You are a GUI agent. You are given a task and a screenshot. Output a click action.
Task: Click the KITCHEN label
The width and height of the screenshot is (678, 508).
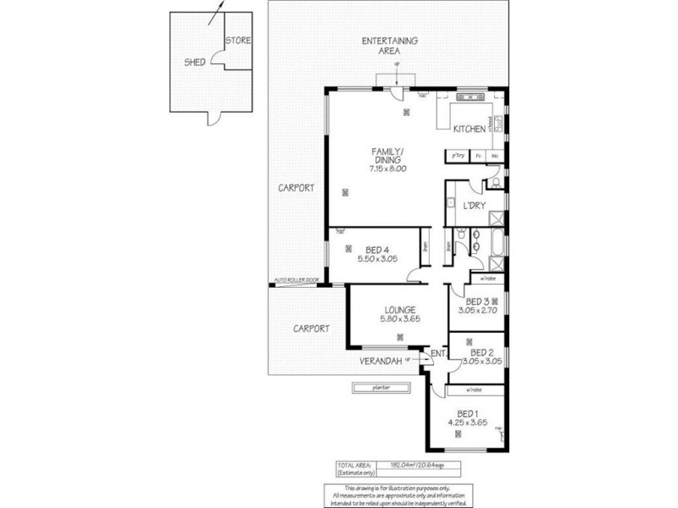(469, 130)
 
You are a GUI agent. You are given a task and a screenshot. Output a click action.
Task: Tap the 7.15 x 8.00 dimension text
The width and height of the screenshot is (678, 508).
(388, 168)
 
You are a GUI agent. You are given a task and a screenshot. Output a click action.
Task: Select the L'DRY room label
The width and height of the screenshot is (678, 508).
(473, 205)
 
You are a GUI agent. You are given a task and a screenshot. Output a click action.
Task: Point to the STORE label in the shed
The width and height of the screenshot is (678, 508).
(238, 40)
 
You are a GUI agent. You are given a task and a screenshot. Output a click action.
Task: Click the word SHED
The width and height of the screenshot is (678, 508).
(195, 62)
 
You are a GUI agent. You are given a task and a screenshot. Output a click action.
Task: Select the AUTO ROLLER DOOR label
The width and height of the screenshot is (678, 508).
(297, 279)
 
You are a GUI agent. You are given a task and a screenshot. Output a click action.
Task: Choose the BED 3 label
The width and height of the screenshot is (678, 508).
(476, 301)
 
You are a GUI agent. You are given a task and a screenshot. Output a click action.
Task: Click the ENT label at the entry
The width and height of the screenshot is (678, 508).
(438, 354)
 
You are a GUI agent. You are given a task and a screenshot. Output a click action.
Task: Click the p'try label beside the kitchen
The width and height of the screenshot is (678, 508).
(457, 156)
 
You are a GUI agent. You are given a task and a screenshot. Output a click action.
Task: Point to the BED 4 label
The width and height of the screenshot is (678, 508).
(377, 249)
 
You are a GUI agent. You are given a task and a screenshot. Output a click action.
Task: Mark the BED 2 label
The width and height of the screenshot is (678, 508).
(481, 352)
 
